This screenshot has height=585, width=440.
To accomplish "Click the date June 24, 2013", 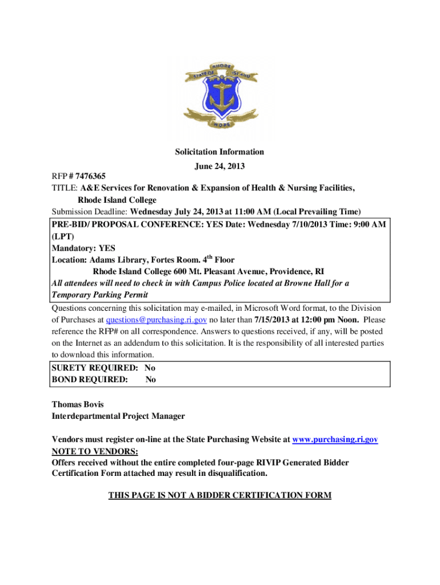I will click(220, 166).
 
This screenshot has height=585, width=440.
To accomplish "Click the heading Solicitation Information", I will click(220, 152).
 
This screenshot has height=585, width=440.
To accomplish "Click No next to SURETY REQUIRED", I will click(150, 368).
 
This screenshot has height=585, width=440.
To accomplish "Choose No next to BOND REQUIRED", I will click(150, 379).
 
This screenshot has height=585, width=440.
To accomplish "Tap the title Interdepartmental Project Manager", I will click(118, 416).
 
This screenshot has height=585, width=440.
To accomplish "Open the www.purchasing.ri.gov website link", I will click(335, 440).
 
